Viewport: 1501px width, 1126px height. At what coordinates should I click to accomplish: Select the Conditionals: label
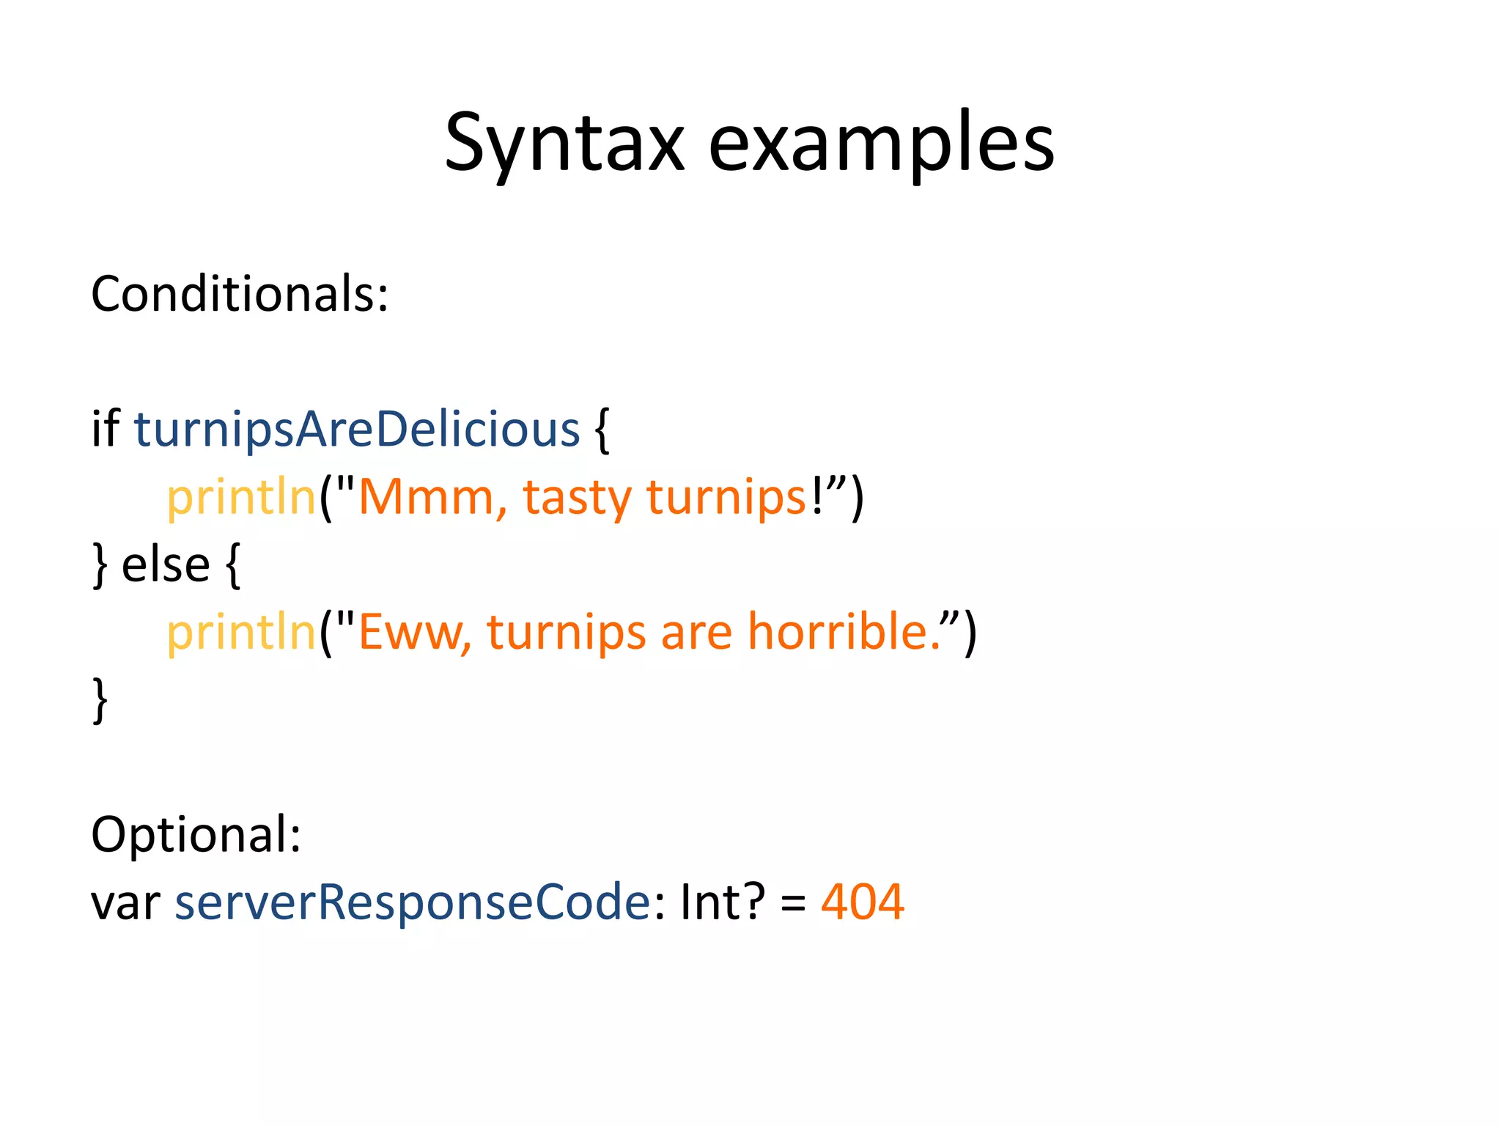point(240,294)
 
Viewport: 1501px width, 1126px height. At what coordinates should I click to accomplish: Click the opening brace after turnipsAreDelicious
point(602,431)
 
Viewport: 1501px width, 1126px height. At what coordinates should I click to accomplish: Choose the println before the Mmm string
point(241,498)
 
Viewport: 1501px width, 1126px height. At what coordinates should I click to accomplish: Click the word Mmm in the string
point(427,498)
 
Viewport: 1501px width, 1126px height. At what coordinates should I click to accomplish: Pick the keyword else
point(166,565)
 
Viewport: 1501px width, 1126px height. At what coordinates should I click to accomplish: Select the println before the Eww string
point(241,633)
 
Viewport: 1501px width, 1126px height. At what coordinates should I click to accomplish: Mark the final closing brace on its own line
point(100,700)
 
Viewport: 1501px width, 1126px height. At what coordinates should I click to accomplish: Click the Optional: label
point(196,834)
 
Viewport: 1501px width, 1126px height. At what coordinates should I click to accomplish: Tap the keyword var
point(125,902)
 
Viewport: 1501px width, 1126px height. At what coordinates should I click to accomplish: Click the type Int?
point(723,902)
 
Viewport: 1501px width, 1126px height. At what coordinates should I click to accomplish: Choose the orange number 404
point(863,902)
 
